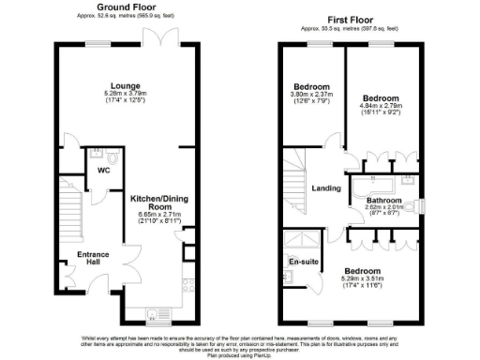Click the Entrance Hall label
click(94, 258)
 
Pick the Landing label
click(325, 188)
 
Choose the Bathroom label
click(384, 201)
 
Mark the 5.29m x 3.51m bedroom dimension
click(370, 277)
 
